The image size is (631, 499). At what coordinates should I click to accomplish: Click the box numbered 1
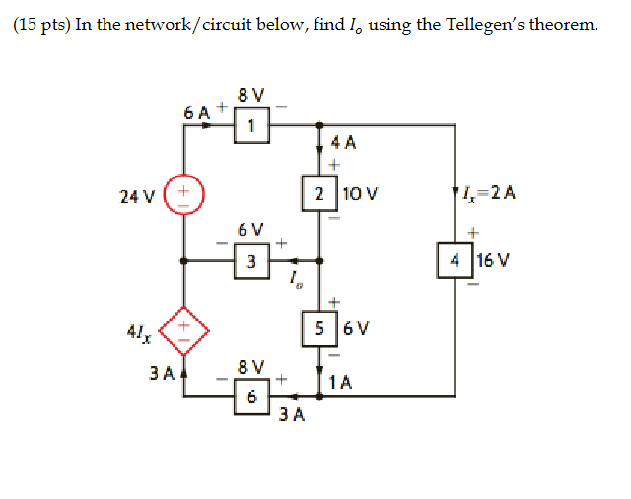pos(252,125)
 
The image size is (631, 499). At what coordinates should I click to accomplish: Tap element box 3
pos(252,261)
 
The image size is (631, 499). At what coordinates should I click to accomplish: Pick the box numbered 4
pos(455,261)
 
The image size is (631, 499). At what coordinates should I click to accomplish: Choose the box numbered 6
pos(252,397)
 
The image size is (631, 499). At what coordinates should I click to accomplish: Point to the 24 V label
pos(136,195)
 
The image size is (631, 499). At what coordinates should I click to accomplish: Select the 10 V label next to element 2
pos(356,194)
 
